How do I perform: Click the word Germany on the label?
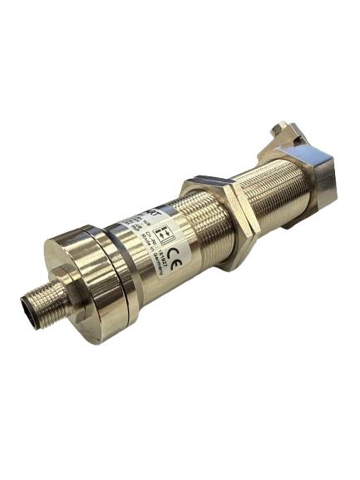click(175, 268)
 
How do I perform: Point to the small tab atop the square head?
click(284, 130)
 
